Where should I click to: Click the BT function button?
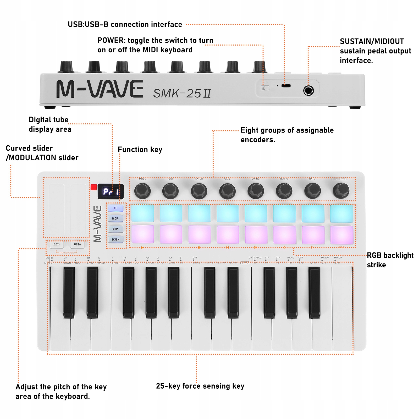coord(115,208)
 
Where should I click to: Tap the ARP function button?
coord(115,229)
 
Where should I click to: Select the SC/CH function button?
coord(115,239)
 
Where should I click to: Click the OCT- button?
coord(57,244)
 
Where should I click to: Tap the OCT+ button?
coord(77,244)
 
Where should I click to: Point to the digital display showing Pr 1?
coord(111,192)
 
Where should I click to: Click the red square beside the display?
coord(93,187)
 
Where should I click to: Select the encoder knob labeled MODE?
coord(142,191)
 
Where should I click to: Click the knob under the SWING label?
coord(256,191)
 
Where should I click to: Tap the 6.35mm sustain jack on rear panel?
coord(308,91)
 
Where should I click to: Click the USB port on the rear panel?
coord(286,86)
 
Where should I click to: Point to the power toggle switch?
coord(266,88)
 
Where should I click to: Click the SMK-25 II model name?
coord(182,93)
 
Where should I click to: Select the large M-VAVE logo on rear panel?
coord(100,89)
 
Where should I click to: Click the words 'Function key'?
coord(140,150)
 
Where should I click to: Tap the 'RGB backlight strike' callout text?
coord(390,260)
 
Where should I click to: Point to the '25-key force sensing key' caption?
coord(200,386)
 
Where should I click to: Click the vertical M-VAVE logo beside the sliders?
coord(97,224)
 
